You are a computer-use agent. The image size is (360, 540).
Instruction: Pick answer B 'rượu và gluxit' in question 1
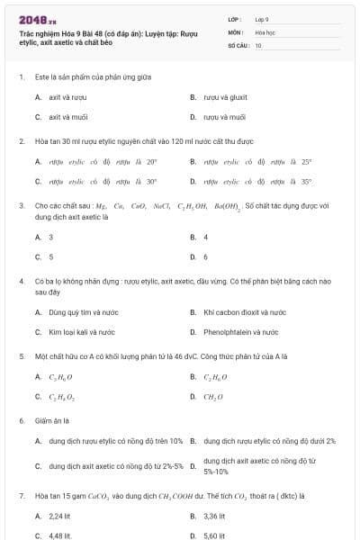pyautogui.click(x=225, y=96)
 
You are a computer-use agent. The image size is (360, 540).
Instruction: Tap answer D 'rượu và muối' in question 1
pyautogui.click(x=224, y=117)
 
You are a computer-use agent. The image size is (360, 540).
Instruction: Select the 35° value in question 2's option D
pyautogui.click(x=306, y=182)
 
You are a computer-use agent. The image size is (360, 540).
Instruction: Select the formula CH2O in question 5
pyautogui.click(x=213, y=397)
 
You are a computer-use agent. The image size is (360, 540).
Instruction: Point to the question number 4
pyautogui.click(x=22, y=282)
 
